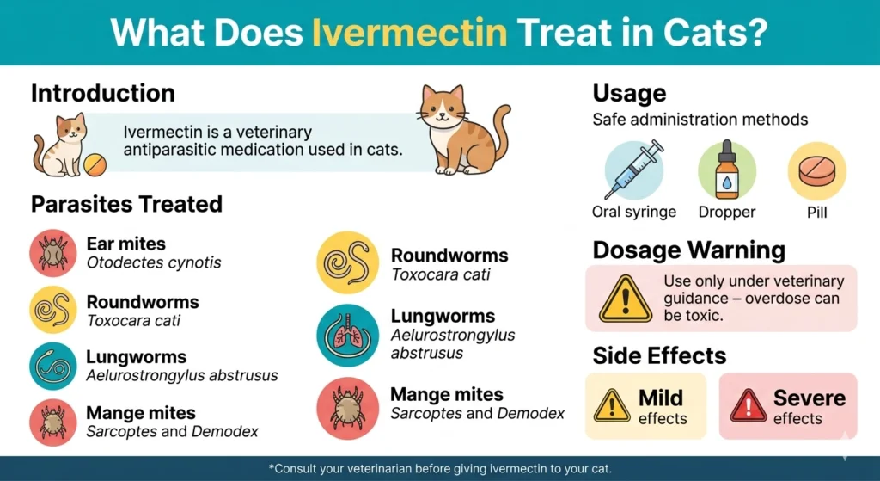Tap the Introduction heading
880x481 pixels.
coord(102,93)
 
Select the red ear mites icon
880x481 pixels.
coord(53,252)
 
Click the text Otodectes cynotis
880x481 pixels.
coord(153,262)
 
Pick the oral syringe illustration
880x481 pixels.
coord(634,170)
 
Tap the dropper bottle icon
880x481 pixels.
coord(726,170)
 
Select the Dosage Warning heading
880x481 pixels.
coord(688,250)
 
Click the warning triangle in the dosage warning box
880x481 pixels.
coord(625,299)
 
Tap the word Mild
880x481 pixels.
coord(661,398)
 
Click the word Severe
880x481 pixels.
coord(809,398)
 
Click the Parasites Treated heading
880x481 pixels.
coord(126,204)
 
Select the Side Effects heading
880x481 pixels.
coord(659,355)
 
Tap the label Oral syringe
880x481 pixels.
coord(634,212)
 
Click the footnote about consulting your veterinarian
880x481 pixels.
coord(439,468)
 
